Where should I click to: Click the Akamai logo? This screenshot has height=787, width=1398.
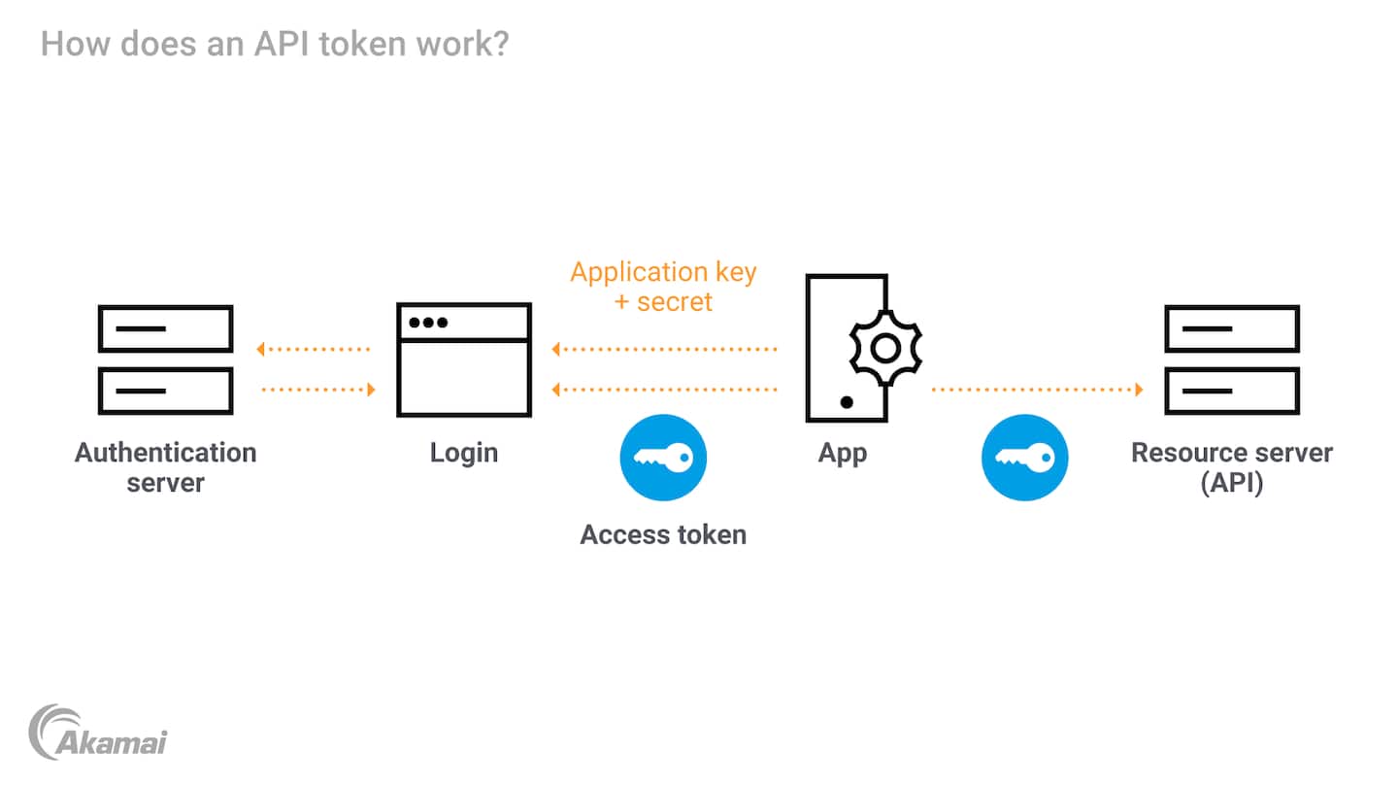pos(98,733)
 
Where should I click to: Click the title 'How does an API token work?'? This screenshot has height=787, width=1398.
pos(275,44)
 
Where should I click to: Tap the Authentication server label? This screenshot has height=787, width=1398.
pos(165,467)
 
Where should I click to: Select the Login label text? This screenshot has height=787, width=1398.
pos(464,453)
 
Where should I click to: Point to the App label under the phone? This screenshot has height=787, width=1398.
pos(843,453)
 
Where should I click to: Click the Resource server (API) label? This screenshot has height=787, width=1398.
pos(1232,467)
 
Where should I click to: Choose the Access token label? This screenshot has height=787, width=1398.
pos(663,534)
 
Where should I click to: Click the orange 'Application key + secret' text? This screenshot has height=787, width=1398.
pos(663,287)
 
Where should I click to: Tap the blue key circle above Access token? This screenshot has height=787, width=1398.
pos(663,458)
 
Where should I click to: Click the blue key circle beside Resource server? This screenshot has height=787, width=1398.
pos(1024,458)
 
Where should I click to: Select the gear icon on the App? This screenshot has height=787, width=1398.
pos(884,348)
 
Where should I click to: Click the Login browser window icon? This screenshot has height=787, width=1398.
pos(464,359)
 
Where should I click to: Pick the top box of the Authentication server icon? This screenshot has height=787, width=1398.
pos(165,328)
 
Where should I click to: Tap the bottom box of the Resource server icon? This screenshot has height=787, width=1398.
pos(1232,391)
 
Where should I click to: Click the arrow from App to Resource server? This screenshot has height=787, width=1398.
pos(1037,390)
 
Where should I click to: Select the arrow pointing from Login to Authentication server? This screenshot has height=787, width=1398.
pos(314,348)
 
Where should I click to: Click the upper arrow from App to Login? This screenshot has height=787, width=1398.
pos(665,348)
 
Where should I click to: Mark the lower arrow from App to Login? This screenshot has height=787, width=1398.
pos(665,390)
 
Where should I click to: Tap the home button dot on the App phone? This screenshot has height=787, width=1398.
pos(847,401)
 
